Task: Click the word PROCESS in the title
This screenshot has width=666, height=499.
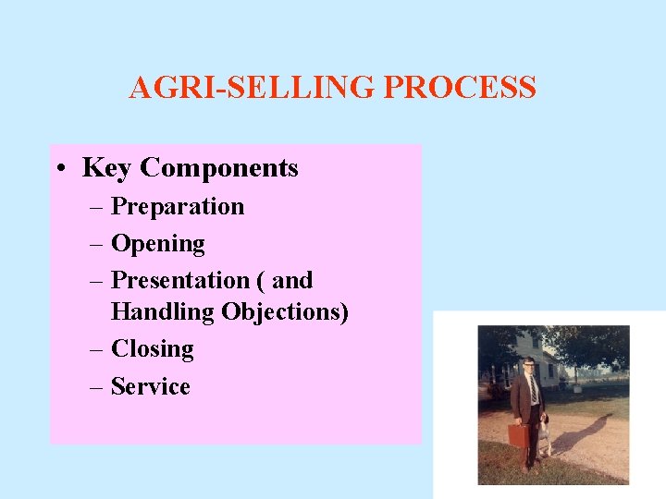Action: click(459, 88)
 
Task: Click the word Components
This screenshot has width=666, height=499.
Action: click(219, 168)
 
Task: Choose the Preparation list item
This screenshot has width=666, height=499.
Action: click(177, 206)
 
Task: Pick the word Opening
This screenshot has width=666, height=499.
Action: click(157, 244)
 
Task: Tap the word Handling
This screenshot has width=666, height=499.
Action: click(162, 312)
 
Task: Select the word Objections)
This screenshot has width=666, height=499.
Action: click(285, 312)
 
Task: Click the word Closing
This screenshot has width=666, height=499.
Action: click(152, 349)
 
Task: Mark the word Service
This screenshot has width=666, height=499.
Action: click(150, 386)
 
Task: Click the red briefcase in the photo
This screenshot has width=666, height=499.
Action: click(519, 434)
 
